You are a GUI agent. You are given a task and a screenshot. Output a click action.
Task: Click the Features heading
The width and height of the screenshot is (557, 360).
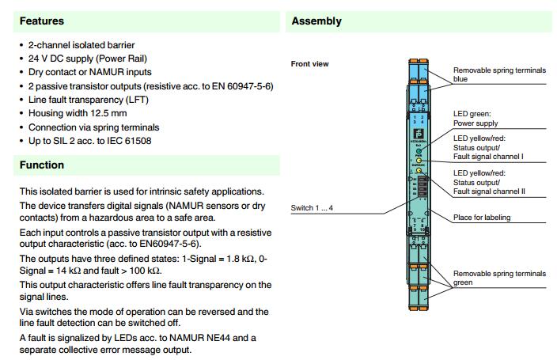pos(42,21)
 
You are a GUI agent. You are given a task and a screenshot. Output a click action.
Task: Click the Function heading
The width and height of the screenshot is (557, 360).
pos(42,165)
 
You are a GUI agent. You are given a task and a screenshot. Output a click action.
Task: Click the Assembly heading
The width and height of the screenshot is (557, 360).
pos(316,21)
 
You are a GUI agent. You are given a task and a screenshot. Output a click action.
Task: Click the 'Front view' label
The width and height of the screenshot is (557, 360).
pos(310,64)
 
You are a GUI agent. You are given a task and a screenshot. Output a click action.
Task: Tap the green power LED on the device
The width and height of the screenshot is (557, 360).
pos(418,148)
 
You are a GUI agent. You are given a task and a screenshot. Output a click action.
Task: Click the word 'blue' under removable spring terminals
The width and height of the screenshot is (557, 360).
pos(461,79)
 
